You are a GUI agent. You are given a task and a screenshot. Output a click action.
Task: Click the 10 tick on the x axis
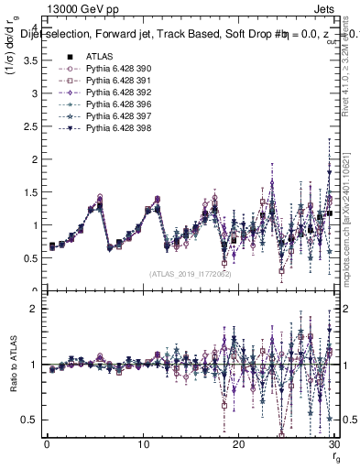click(x=142, y=444)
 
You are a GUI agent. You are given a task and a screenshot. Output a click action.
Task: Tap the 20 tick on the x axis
click(x=238, y=444)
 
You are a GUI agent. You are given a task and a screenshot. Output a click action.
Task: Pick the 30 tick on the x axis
click(x=333, y=444)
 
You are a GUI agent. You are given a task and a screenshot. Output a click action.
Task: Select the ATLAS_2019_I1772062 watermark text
click(x=190, y=274)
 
